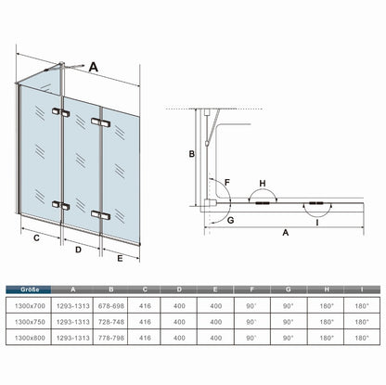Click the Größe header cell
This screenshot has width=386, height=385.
[x=29, y=289]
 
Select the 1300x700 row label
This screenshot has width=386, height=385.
[x=30, y=306]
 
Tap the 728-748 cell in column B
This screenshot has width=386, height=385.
[x=111, y=322]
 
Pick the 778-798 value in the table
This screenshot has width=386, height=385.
[x=111, y=338]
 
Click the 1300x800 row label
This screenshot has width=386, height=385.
[x=30, y=338]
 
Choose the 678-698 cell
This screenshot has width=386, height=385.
[x=111, y=306]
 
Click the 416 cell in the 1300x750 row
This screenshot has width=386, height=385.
[x=145, y=322]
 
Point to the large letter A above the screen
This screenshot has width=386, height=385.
[x=94, y=67]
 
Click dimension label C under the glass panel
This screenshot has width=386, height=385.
[x=36, y=238]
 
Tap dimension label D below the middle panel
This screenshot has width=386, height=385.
[x=78, y=250]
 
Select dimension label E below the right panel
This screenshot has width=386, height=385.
[x=120, y=258]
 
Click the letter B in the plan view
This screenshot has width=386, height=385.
[x=192, y=153]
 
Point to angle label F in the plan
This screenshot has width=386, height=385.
[x=227, y=183]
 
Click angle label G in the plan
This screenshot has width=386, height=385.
[x=230, y=221]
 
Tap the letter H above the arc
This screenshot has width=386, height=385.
[x=263, y=184]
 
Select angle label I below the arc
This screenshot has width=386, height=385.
[x=317, y=223]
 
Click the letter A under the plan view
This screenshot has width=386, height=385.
[x=286, y=232]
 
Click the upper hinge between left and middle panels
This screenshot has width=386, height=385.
[x=61, y=112]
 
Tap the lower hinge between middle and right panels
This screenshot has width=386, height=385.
[x=101, y=215]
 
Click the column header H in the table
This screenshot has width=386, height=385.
[x=327, y=289]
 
